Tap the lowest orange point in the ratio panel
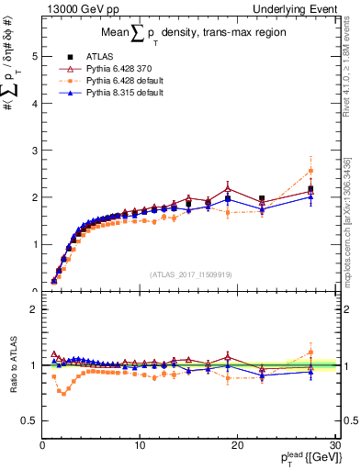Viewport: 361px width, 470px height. click(63, 393)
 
